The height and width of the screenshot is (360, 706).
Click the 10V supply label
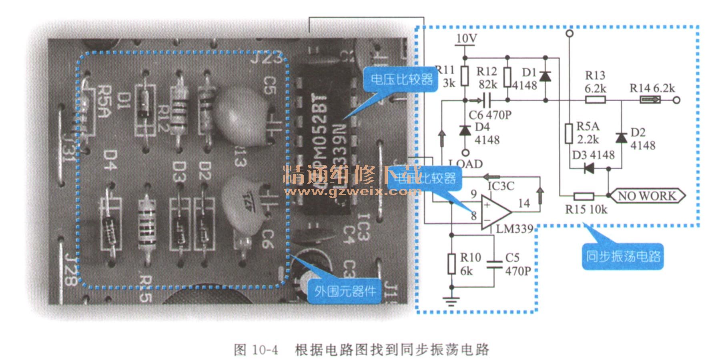click(466, 38)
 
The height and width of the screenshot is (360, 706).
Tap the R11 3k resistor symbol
click(464, 76)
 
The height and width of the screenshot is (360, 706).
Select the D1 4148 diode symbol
click(545, 76)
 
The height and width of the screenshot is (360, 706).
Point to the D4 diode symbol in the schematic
click(465, 130)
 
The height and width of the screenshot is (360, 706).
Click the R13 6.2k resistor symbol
click(595, 100)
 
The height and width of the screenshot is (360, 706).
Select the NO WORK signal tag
click(646, 196)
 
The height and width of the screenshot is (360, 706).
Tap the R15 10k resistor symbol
click(584, 196)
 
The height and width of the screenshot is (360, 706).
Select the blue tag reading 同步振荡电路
click(623, 256)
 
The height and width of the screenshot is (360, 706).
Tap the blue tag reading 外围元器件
click(345, 291)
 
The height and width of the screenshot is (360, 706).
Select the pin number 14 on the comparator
click(524, 204)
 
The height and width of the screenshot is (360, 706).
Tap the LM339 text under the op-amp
click(515, 229)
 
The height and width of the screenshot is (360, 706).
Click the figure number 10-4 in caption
click(265, 350)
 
